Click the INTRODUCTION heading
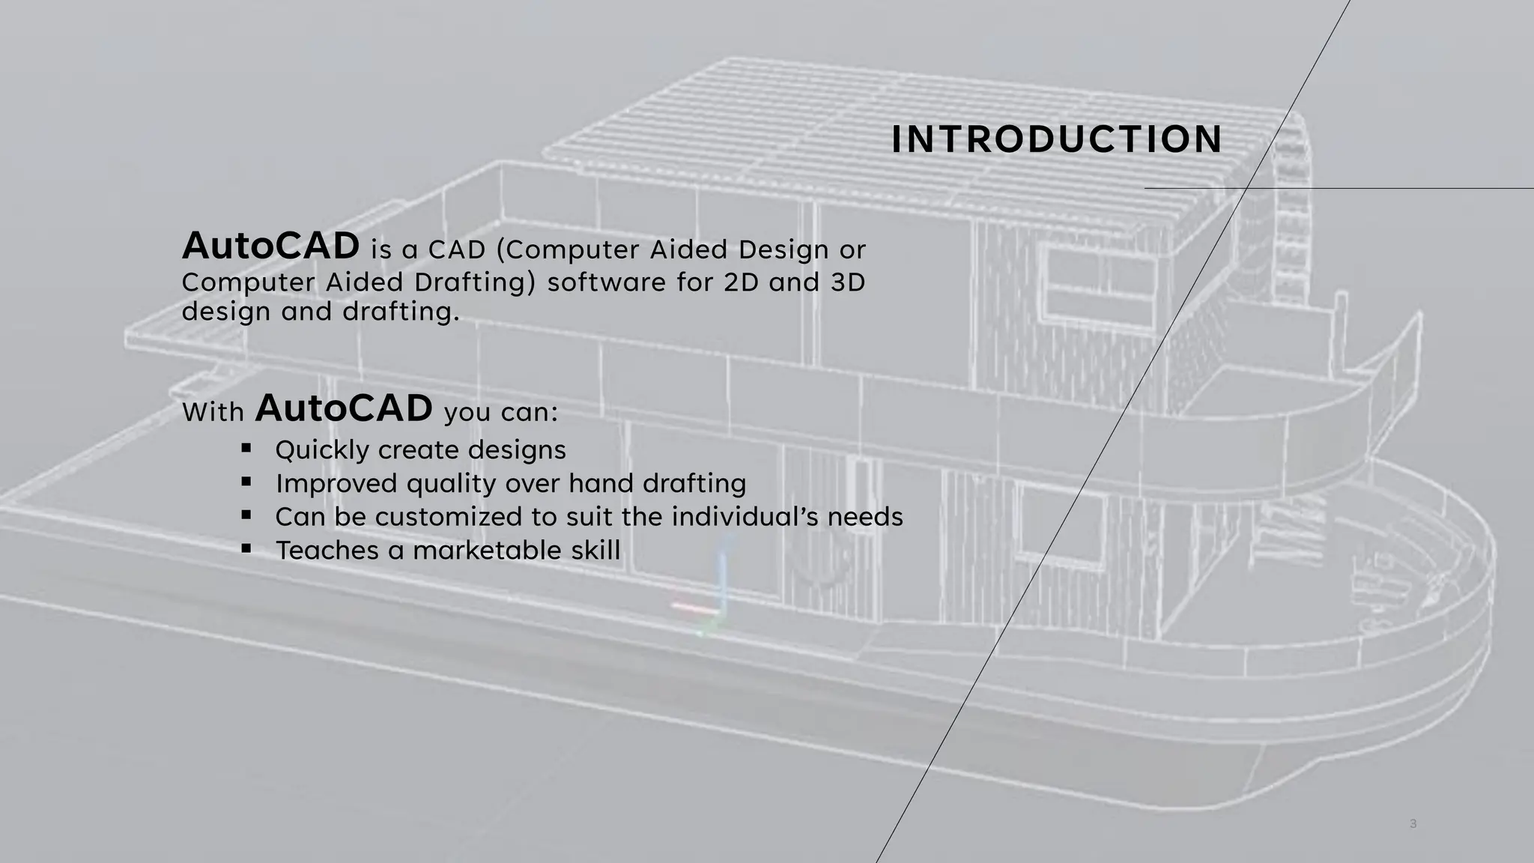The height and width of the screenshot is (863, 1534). point(1057,140)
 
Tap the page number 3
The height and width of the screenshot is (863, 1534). point(1413,824)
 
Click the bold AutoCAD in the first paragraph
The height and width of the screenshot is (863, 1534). point(270,246)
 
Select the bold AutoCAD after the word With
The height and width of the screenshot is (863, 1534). point(344,408)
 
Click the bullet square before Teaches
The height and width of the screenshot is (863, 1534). point(246,548)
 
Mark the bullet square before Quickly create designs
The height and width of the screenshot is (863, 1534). point(246,448)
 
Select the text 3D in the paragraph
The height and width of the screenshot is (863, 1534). point(848,282)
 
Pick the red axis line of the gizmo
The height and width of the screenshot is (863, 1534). point(693,606)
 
